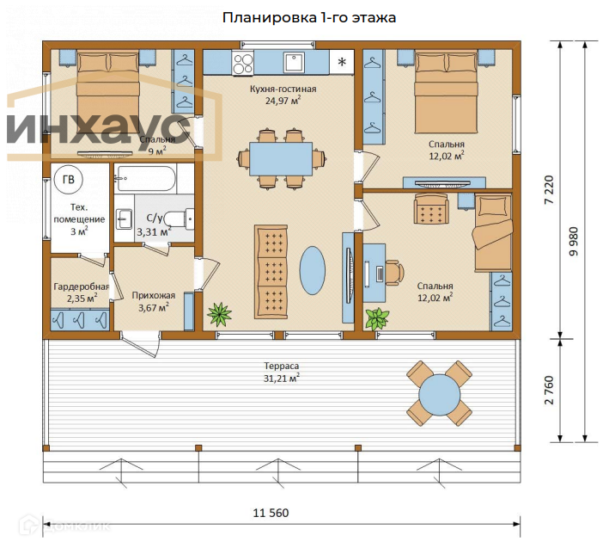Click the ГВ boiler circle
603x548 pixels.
pos(69,180)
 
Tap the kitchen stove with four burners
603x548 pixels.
pos(243,63)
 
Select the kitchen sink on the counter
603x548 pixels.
pos(294,63)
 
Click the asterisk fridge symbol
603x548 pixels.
pos(342,62)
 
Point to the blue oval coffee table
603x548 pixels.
pos(313,270)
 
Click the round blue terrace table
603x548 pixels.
pos(439,394)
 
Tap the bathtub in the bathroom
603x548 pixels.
pos(146,178)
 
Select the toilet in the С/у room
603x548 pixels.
pos(180,219)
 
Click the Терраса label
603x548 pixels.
pos(281,366)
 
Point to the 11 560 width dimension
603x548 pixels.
pos(271,513)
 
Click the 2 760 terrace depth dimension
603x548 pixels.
pos(549,390)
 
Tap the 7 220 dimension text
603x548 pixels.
pos(549,190)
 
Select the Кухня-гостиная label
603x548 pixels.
pos(283,89)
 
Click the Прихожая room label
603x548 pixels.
pos(154,295)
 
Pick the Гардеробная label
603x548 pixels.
pos(81,286)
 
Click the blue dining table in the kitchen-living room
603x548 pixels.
pos(281,159)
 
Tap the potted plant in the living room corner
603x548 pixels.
pos(219,315)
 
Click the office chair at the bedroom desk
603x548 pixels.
pos(394,273)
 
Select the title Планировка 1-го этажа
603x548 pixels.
pos(309,18)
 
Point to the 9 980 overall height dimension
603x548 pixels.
pos(573,242)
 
